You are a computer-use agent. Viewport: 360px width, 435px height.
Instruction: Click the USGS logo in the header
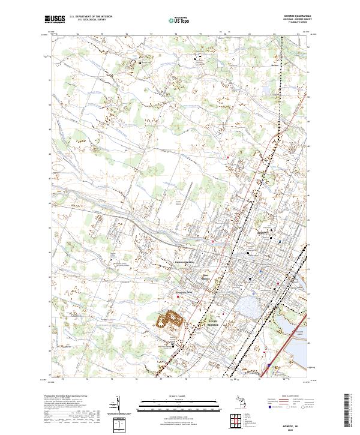55,19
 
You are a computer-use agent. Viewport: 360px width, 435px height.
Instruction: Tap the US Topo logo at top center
179,20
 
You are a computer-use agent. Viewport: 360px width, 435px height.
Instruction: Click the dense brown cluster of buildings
170,319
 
